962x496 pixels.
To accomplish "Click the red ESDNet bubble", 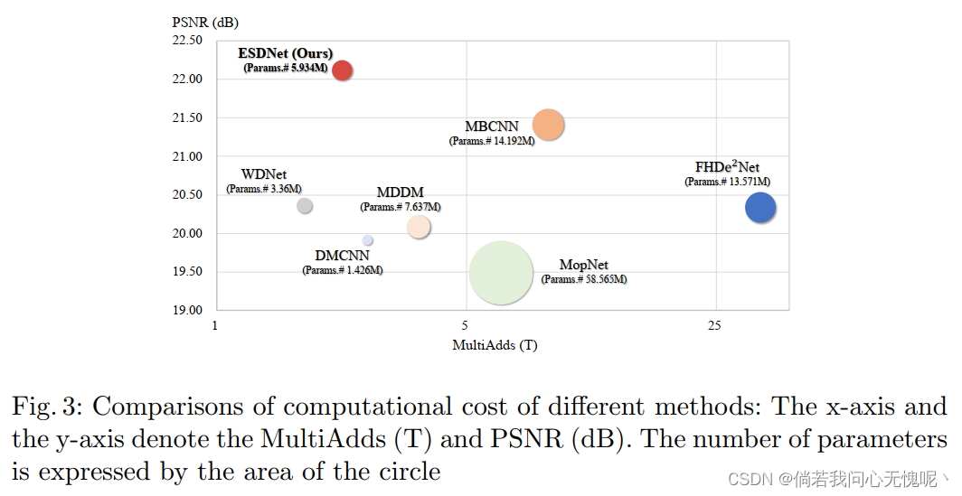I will (342, 70).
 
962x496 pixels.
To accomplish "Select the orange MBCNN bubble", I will (548, 125).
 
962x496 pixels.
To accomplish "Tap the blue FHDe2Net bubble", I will (760, 208).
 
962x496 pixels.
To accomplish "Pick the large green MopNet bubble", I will (501, 273).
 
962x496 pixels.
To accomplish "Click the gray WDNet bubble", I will (305, 206).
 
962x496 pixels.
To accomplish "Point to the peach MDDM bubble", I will (418, 227).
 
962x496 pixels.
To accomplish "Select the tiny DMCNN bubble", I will (368, 240).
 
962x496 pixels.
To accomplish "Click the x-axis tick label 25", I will (714, 325).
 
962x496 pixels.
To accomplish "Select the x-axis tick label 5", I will (465, 325).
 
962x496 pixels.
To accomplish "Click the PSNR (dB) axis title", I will (205, 21).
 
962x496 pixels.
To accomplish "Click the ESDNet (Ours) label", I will (285, 53).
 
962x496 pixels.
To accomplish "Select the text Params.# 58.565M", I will (583, 279).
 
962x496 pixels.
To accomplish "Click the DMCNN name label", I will (342, 256).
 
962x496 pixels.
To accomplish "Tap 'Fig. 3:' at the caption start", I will (44, 407).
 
